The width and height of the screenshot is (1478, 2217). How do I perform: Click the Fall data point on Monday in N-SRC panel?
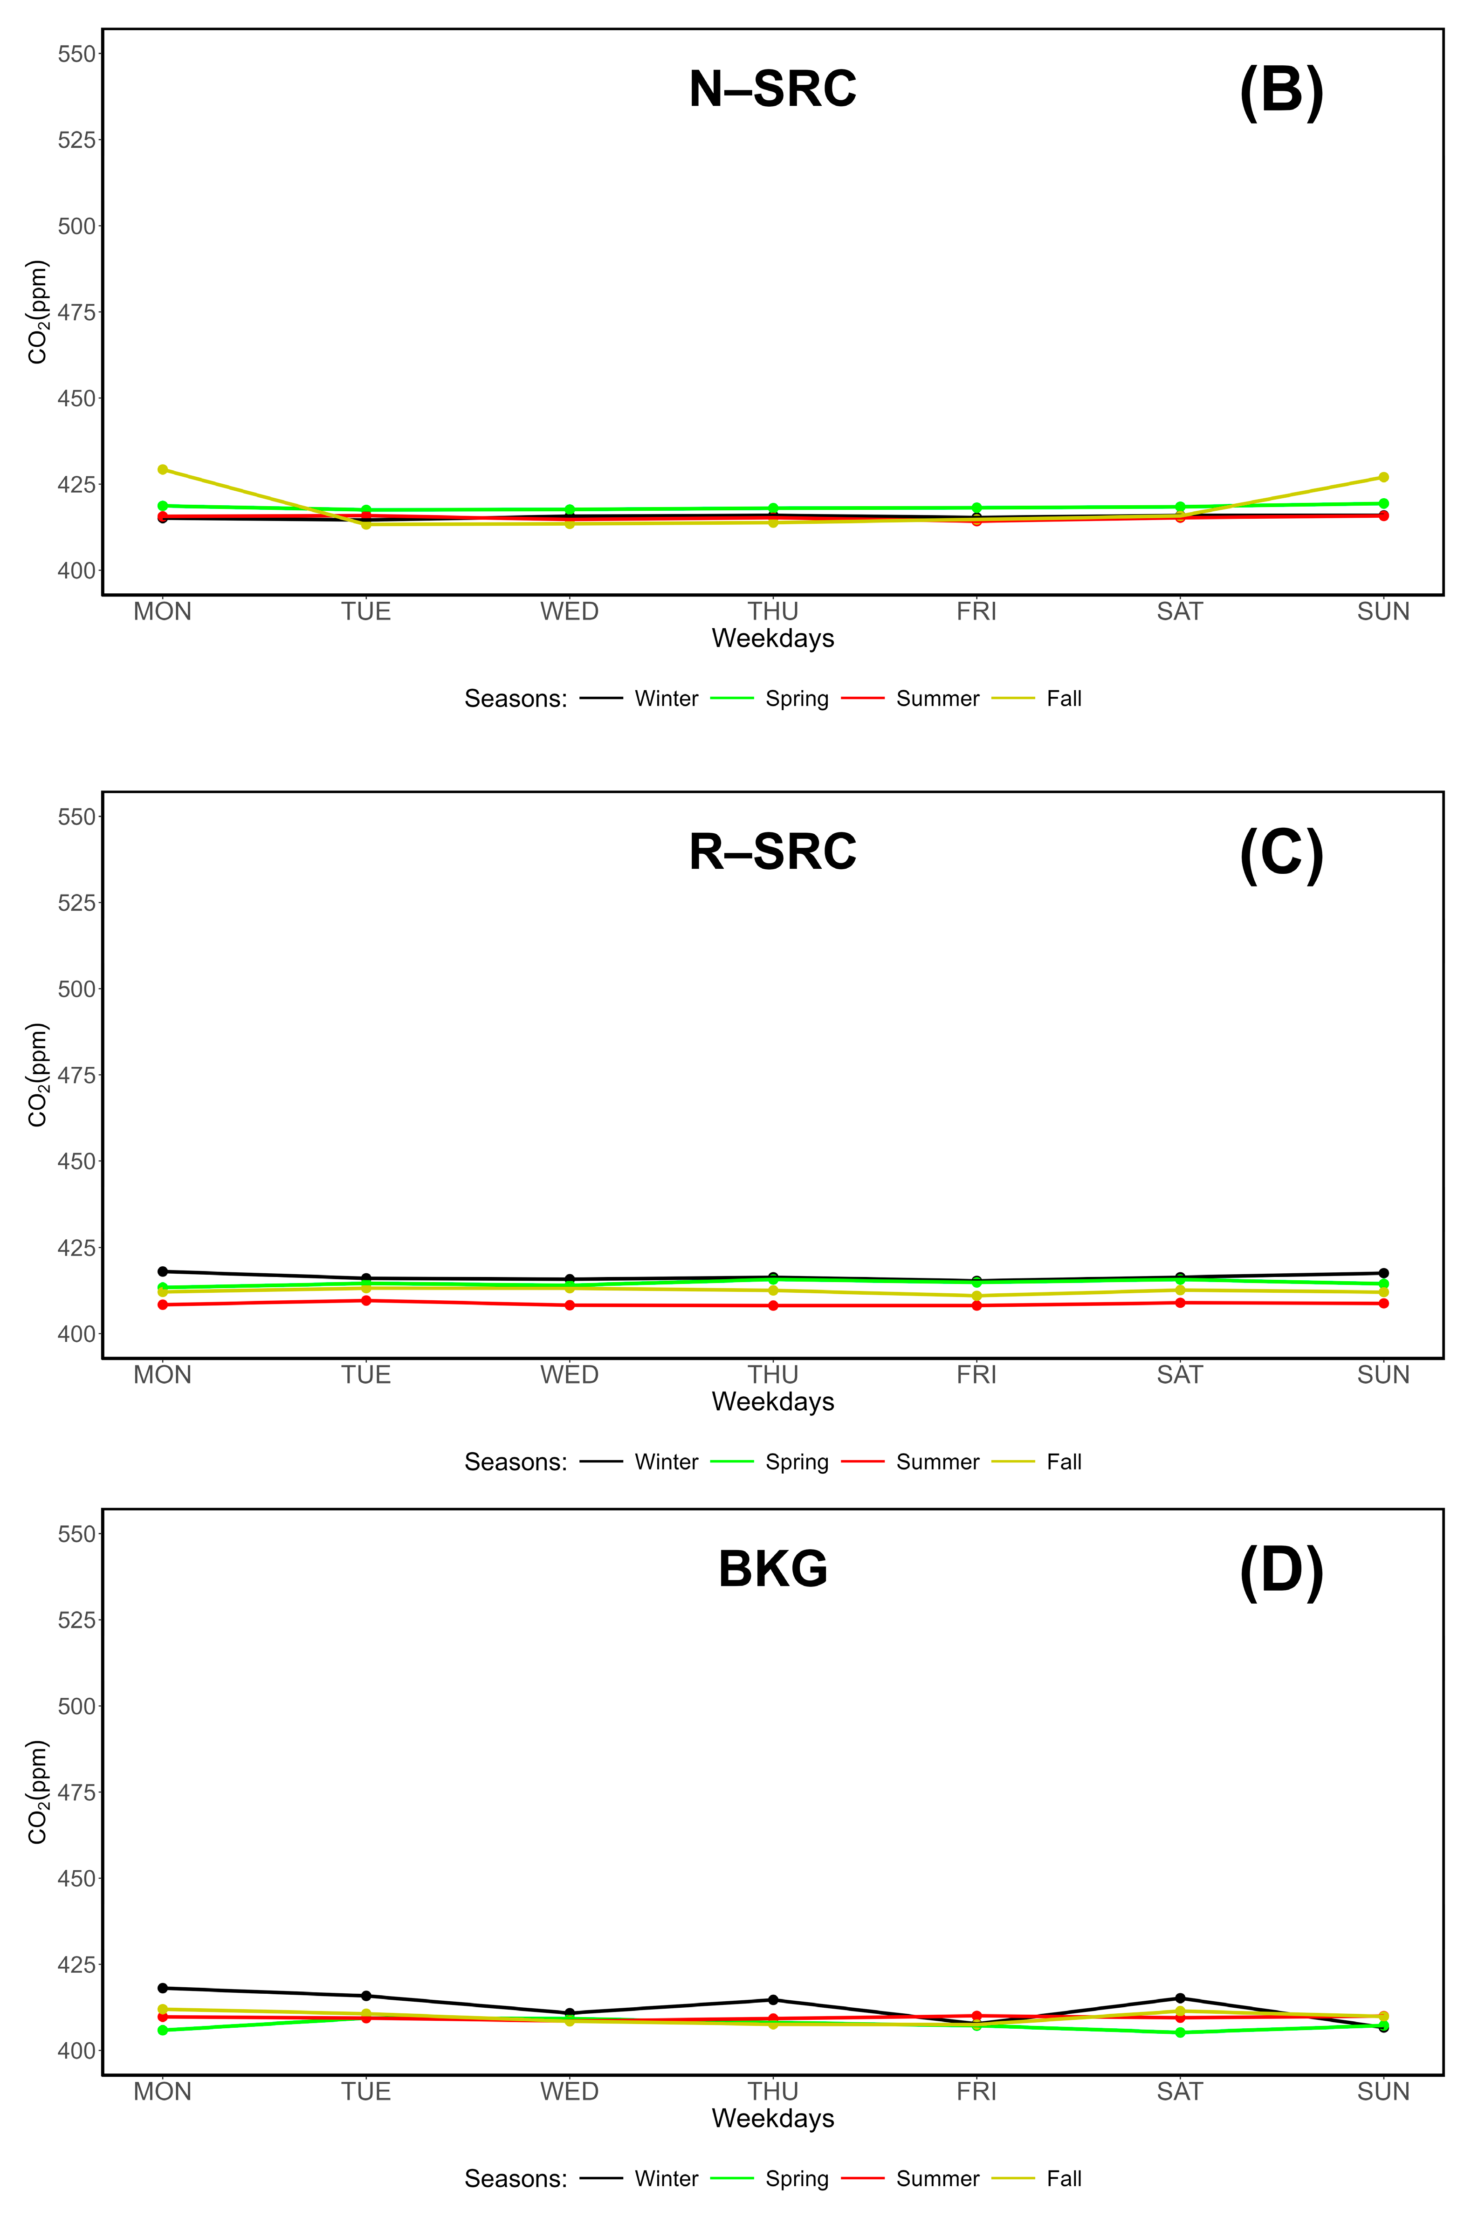pos(163,469)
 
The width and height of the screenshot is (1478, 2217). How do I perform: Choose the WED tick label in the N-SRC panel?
pos(569,612)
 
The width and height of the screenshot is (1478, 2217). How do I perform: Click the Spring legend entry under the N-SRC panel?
pos(797,699)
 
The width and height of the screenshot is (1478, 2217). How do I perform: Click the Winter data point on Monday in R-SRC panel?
pos(163,1271)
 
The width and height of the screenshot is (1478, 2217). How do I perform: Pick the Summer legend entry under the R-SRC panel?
pos(937,1462)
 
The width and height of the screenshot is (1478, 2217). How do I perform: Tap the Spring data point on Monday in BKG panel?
pos(163,2031)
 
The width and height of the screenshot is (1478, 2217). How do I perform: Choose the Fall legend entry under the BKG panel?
pos(1063,2178)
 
